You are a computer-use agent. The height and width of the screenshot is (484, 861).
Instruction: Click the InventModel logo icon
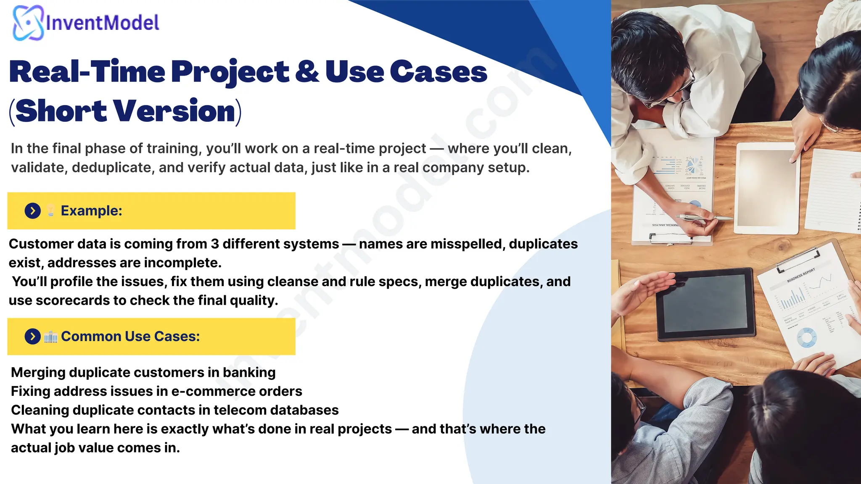coord(28,23)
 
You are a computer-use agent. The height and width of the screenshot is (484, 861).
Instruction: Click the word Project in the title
coord(230,72)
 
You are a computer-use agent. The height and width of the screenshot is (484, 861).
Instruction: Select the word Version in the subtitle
coord(174,111)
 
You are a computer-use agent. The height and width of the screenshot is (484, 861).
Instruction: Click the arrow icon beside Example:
coord(33,210)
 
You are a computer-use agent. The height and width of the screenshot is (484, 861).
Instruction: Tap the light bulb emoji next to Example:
coord(50,210)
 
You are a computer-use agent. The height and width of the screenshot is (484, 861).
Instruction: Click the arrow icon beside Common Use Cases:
coord(33,336)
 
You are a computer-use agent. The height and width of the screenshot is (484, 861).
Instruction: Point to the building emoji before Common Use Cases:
coord(50,337)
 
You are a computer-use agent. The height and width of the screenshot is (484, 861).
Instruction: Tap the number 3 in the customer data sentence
coord(215,244)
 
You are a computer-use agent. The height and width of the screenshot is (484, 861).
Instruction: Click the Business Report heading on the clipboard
coord(800,275)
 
